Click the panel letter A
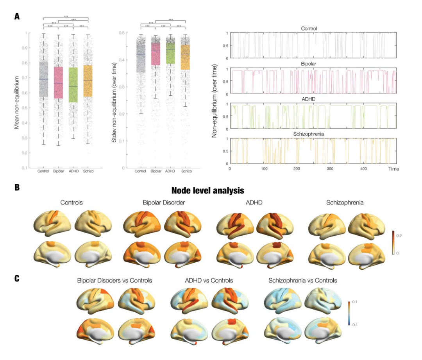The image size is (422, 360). pyautogui.click(x=17, y=16)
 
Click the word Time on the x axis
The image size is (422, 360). pyautogui.click(x=393, y=169)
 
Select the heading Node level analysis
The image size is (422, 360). pyautogui.click(x=207, y=191)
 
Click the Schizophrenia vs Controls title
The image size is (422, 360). pyautogui.click(x=302, y=280)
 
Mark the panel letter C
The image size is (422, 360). pyautogui.click(x=17, y=278)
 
